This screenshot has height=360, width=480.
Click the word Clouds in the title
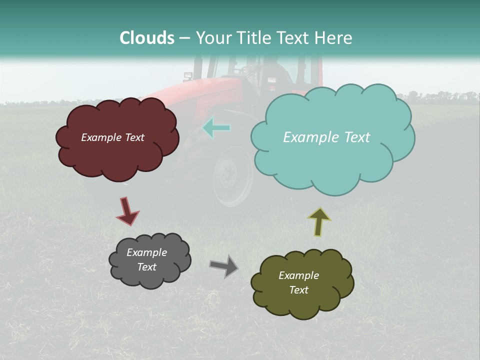pos(147,38)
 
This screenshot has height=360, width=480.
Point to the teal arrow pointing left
pos(216,128)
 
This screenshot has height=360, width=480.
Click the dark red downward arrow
pos(127,211)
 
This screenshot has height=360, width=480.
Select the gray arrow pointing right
pos(224,266)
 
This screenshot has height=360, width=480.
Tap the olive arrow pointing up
pos(319,221)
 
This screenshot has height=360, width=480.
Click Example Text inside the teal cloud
pos(326,137)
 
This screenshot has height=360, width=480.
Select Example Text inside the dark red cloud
pos(112,137)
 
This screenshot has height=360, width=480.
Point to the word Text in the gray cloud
pos(147,267)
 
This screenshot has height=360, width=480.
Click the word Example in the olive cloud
pos(298,275)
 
